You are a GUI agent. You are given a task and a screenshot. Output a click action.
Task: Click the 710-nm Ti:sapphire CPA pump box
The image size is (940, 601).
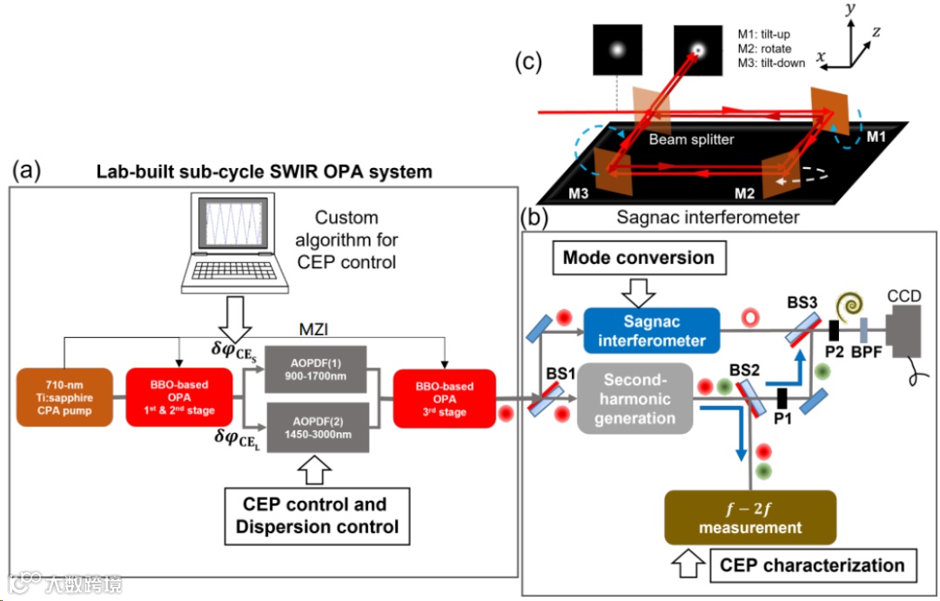64,398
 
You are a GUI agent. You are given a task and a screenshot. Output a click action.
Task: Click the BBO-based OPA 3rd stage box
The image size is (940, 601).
445,398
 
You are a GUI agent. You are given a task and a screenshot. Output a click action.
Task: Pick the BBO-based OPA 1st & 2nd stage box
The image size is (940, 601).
178,398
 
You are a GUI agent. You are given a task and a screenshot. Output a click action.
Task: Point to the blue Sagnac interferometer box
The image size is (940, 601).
651,332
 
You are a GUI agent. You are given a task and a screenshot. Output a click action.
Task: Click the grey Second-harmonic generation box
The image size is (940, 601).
638,398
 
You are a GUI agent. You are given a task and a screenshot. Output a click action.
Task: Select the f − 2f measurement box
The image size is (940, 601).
749,517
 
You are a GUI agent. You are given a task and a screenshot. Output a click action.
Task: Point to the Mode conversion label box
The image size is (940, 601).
638,258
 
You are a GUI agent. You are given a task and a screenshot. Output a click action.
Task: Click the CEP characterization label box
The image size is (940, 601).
811,565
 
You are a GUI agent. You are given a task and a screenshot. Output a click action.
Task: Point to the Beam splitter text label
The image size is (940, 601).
692,138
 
